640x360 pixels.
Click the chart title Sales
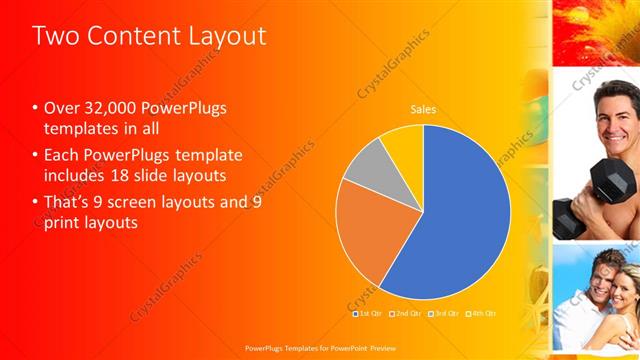click(x=423, y=110)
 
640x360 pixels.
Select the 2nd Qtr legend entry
click(x=406, y=314)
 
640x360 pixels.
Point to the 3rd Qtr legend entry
click(x=443, y=314)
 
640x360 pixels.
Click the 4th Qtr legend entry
click(x=480, y=314)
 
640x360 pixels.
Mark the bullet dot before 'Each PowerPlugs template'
click(x=35, y=155)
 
